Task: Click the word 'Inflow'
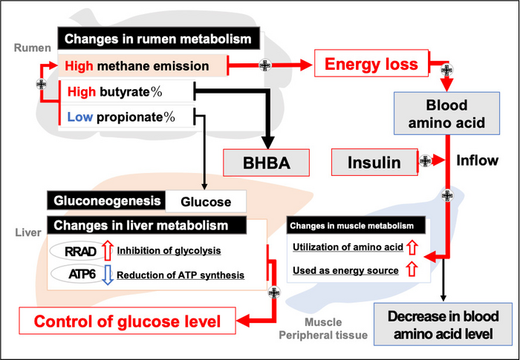477,160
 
